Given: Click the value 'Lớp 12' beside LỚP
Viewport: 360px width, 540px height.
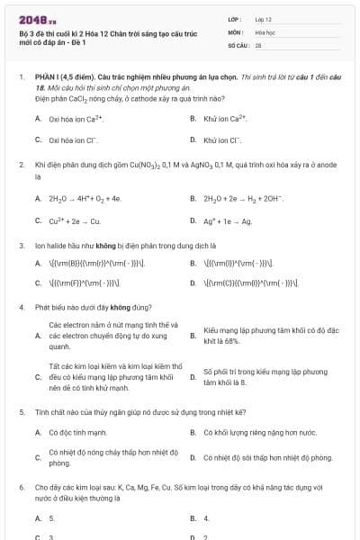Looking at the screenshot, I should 264,19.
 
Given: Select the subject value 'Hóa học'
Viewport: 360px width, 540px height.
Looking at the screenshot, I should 265,31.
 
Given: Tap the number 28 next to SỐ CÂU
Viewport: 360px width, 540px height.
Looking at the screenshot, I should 258,44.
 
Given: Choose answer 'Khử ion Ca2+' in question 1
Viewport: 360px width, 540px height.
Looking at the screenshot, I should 225,118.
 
